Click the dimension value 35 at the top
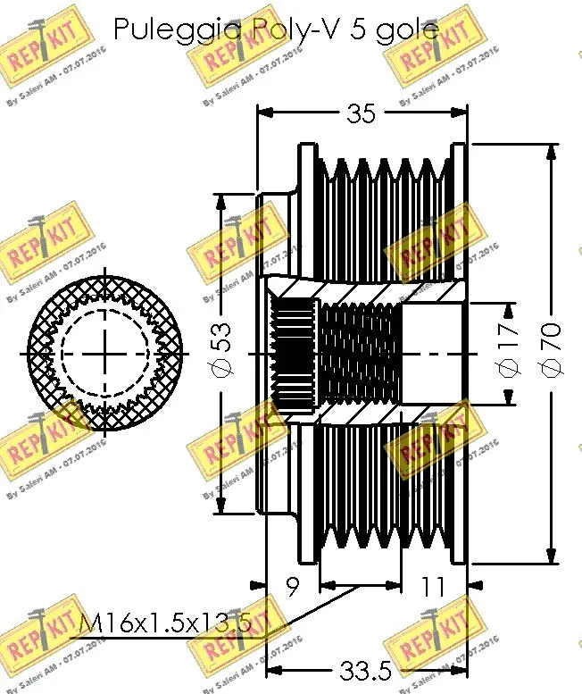coord(361,113)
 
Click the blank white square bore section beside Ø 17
coord(432,353)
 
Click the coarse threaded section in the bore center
coord(357,353)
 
